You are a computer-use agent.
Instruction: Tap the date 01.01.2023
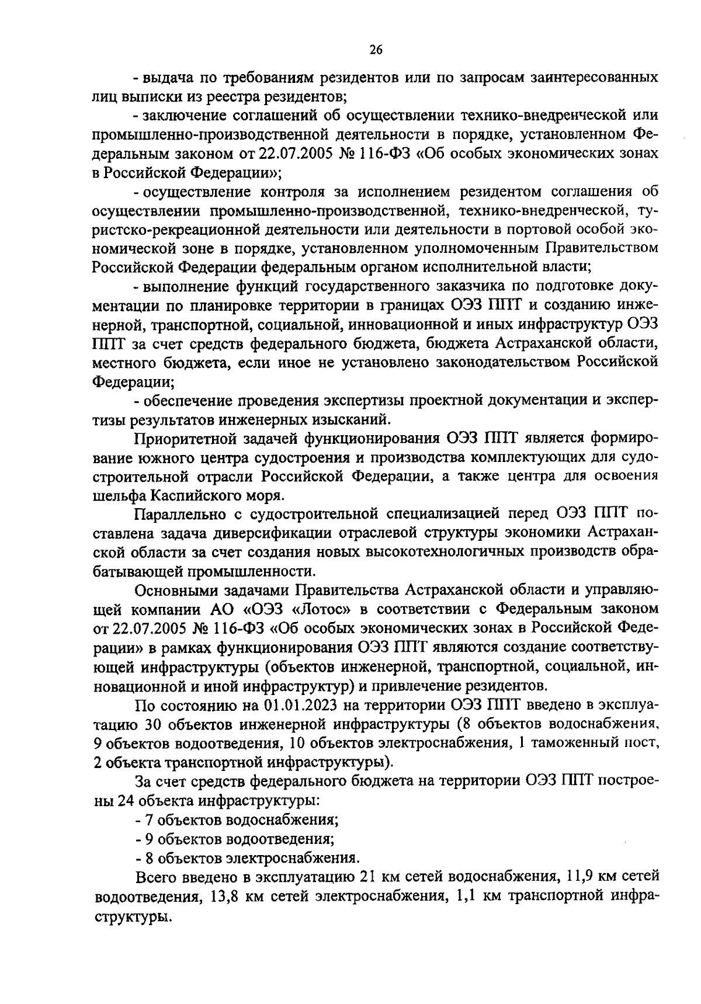click(299, 705)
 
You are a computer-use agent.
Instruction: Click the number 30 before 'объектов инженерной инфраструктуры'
click(148, 724)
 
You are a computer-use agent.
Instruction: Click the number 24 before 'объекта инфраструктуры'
click(125, 801)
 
